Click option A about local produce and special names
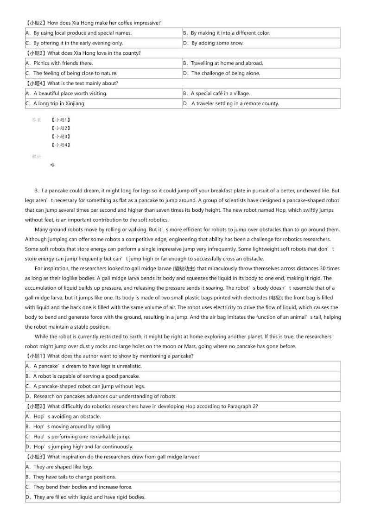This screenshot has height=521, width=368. (79, 33)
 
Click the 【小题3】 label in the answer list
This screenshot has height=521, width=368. (61, 136)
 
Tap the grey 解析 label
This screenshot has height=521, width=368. (37, 157)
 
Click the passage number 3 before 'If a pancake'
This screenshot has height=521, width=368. (37, 191)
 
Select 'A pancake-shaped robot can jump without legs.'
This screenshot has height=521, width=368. (85, 386)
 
